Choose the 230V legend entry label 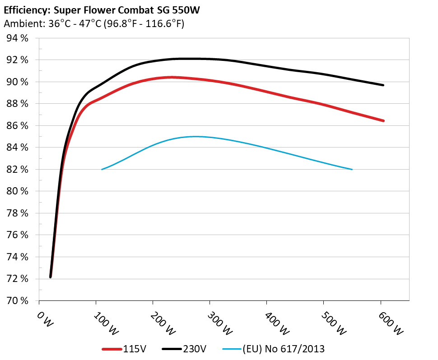tap(195, 349)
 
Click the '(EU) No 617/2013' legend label tap(283, 349)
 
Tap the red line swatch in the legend tap(112, 349)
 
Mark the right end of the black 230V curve tap(383, 85)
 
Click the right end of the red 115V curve tap(383, 120)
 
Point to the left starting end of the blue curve tap(102, 169)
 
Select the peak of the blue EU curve tap(196, 136)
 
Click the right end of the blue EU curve tap(352, 169)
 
